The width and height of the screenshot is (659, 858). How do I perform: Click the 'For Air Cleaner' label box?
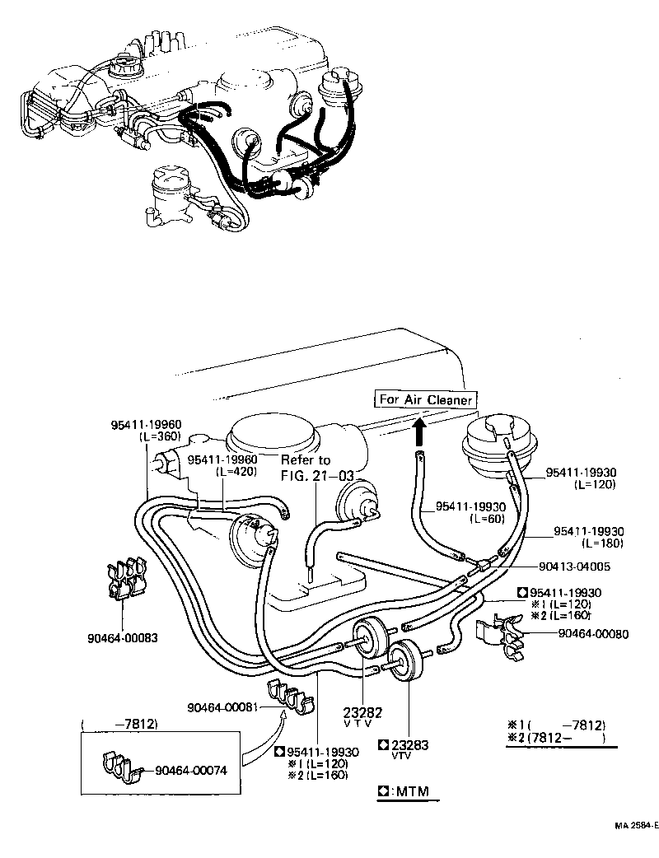point(425,399)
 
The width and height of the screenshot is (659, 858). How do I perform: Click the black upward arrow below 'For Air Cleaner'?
point(419,429)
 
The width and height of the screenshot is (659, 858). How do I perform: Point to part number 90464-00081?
point(223,707)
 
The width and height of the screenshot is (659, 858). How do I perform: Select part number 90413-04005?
point(576,567)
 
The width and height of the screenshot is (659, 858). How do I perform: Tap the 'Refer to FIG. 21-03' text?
point(306,467)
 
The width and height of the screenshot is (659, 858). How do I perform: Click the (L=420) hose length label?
point(236,473)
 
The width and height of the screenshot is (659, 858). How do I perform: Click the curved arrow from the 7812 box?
point(259,738)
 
